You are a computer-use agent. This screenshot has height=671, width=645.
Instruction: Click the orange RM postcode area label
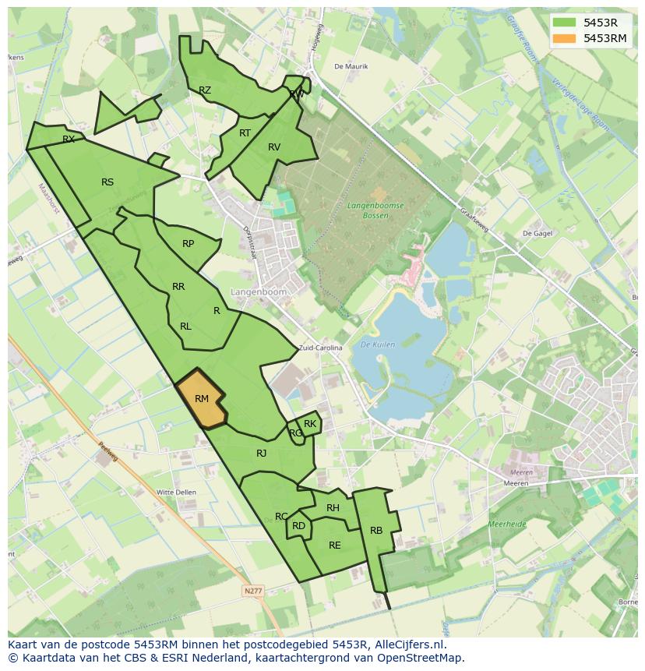(x=202, y=399)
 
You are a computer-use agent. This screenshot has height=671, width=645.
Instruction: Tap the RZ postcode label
(x=205, y=90)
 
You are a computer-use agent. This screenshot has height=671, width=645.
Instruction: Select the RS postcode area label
(x=107, y=182)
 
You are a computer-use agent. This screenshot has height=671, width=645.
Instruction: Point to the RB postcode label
(x=376, y=531)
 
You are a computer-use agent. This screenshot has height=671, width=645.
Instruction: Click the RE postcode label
(x=335, y=546)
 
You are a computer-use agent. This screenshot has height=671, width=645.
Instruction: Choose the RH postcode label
(x=333, y=508)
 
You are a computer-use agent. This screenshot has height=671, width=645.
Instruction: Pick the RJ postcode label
(x=262, y=453)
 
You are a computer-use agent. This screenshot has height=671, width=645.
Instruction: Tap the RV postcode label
(x=274, y=147)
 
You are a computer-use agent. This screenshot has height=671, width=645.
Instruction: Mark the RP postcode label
(x=189, y=244)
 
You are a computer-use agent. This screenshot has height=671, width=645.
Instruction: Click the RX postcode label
(x=69, y=139)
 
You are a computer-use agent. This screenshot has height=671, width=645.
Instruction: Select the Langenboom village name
(x=259, y=291)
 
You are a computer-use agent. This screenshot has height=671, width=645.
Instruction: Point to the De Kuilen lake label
(x=379, y=344)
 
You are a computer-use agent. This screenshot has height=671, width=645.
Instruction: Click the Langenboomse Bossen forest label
(x=375, y=210)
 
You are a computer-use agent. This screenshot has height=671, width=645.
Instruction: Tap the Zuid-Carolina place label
(x=320, y=348)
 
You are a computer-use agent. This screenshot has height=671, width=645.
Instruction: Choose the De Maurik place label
(x=351, y=66)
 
